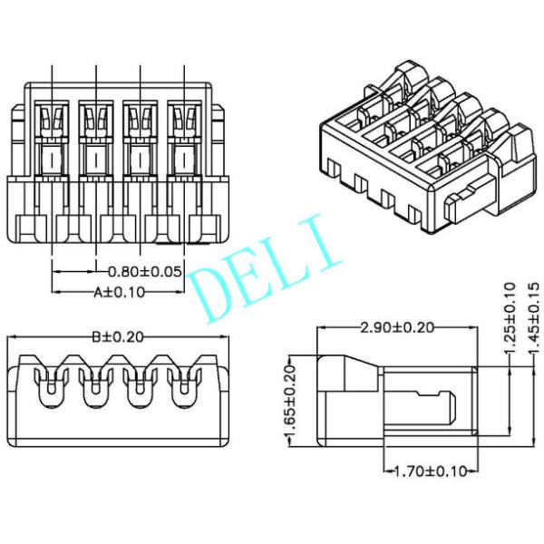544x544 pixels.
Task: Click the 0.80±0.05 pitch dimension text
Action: [x=145, y=271]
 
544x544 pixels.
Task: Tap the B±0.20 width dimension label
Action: [x=118, y=336]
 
